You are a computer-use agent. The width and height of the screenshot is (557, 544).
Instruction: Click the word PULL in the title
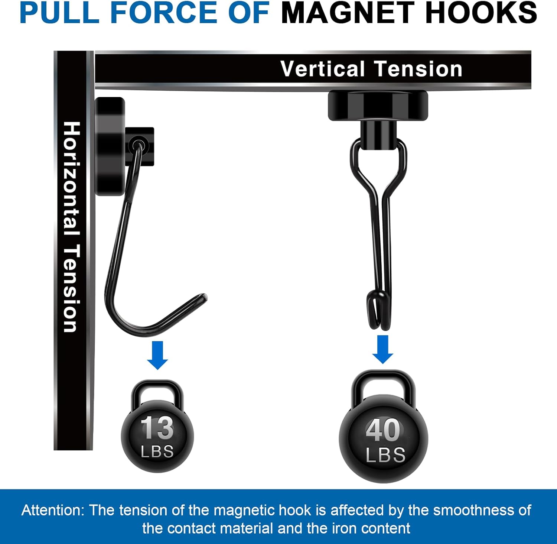coord(59,13)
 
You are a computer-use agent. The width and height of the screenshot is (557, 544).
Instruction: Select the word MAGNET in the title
coord(347,13)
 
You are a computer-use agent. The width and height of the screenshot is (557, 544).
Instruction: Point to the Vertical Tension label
coord(371,69)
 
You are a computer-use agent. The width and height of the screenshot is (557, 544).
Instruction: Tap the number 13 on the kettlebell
coord(157,428)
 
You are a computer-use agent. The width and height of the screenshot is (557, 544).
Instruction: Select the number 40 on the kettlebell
coord(383,430)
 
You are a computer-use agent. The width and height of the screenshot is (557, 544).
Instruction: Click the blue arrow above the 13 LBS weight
coord(157,355)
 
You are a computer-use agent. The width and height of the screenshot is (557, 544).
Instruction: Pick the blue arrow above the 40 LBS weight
coord(383,349)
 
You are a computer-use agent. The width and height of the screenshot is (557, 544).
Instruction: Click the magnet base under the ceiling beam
coord(378,106)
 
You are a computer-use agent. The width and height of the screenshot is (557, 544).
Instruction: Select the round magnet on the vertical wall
coord(110,146)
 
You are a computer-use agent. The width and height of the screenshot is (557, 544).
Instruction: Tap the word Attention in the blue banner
coord(53,510)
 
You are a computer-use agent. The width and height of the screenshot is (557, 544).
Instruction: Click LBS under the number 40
coord(385,455)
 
